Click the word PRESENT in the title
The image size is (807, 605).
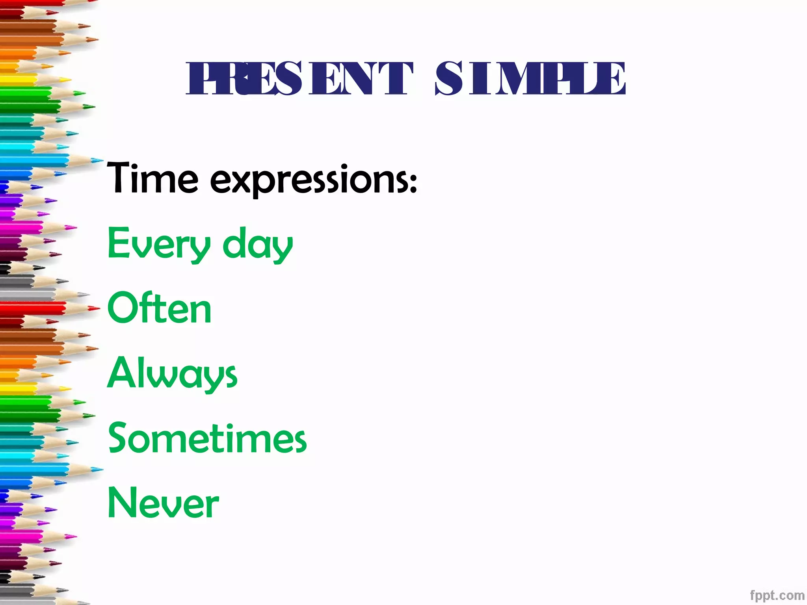299,79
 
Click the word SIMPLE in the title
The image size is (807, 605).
530,79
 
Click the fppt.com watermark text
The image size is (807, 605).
777,595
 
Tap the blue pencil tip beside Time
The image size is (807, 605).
97,160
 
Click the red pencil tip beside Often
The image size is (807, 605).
95,309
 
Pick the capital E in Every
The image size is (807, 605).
117,243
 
